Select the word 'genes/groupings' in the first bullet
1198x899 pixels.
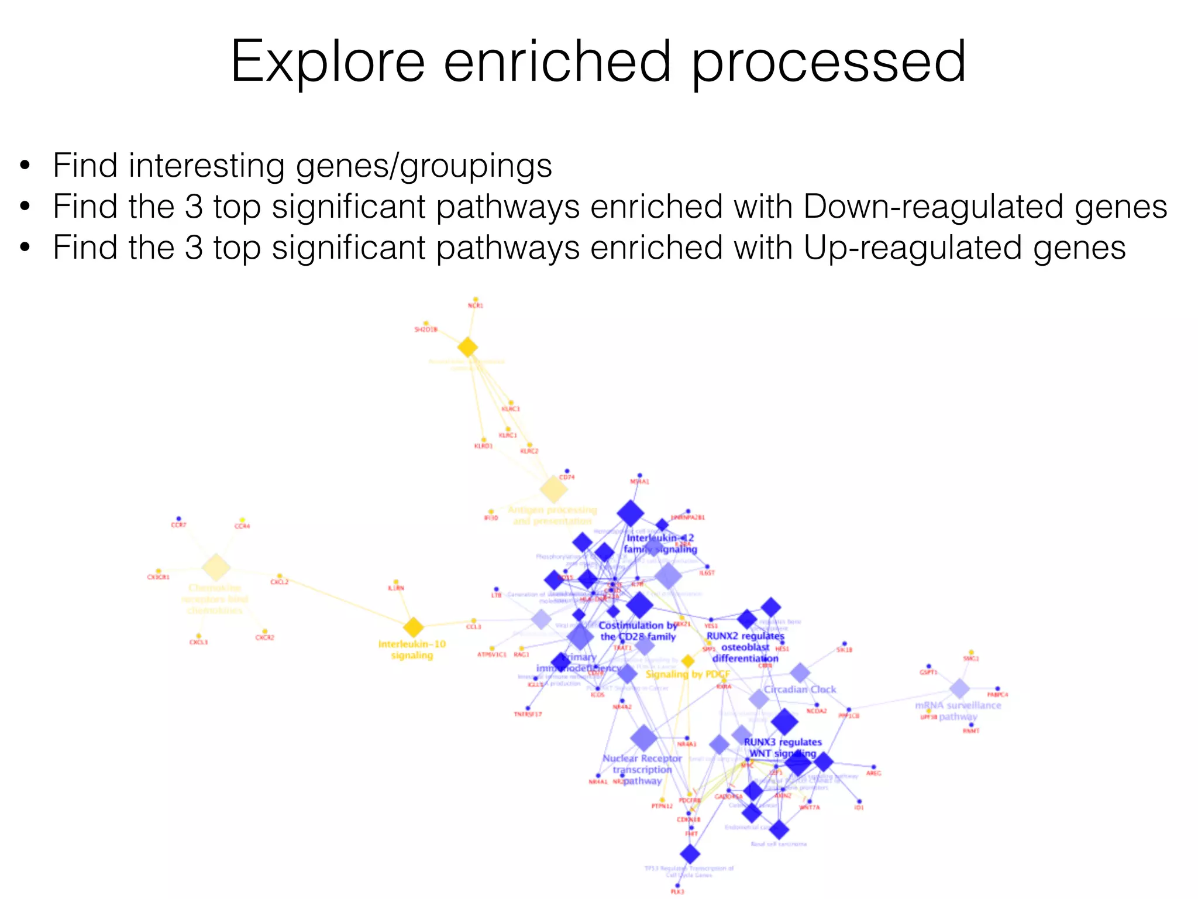click(x=424, y=166)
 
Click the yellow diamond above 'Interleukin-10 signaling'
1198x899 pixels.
click(x=414, y=627)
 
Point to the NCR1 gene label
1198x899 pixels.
click(x=476, y=306)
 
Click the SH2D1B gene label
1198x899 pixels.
click(x=426, y=330)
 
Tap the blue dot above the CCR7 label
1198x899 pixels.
click(x=178, y=519)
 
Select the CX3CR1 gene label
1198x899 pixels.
click(x=158, y=577)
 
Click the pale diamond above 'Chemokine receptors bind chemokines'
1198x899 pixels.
click(x=216, y=567)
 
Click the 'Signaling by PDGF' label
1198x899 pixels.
click(x=687, y=674)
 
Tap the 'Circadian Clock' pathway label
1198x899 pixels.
click(x=800, y=689)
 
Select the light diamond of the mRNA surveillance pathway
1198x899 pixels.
click(x=959, y=689)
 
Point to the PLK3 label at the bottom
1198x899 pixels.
click(x=677, y=891)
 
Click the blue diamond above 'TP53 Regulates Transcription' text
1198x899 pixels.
click(x=690, y=854)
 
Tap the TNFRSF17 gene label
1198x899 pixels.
click(x=528, y=714)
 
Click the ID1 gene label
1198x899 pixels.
click(x=859, y=808)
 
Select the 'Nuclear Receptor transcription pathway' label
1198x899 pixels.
click(x=642, y=770)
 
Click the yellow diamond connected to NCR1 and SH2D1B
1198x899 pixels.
click(x=467, y=348)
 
